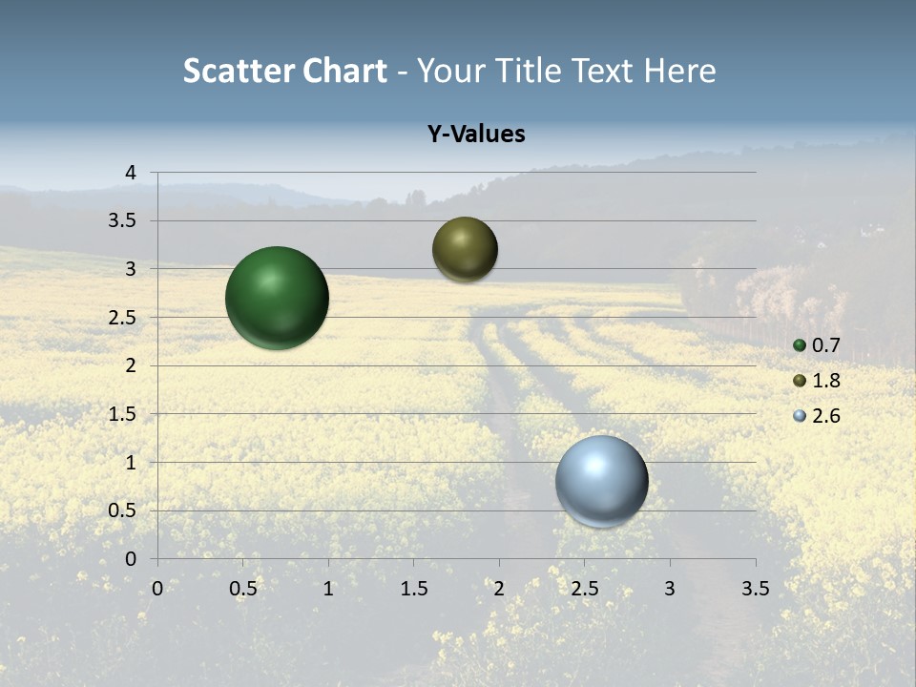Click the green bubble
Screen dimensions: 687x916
click(x=278, y=298)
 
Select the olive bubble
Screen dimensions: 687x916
click(x=465, y=250)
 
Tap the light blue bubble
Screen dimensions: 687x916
click(x=602, y=481)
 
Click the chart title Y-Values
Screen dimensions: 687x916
click(x=476, y=135)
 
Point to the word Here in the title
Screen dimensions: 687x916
click(x=679, y=71)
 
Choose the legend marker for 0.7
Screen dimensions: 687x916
click(x=800, y=345)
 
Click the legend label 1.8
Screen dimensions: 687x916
click(x=825, y=381)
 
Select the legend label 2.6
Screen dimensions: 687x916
click(x=825, y=416)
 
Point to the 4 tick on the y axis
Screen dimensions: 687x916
click(x=131, y=173)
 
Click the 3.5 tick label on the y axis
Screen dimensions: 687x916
click(x=123, y=221)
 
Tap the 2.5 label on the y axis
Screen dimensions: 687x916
click(x=123, y=318)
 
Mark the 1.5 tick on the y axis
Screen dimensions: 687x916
click(x=123, y=414)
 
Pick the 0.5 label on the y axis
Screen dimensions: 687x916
click(x=123, y=510)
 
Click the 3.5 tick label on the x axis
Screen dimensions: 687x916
click(x=755, y=589)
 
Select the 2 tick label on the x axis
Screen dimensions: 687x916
click(x=499, y=589)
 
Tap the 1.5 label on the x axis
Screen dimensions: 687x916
click(x=413, y=589)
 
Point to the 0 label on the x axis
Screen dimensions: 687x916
click(x=157, y=589)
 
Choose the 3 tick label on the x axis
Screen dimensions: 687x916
click(x=670, y=589)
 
